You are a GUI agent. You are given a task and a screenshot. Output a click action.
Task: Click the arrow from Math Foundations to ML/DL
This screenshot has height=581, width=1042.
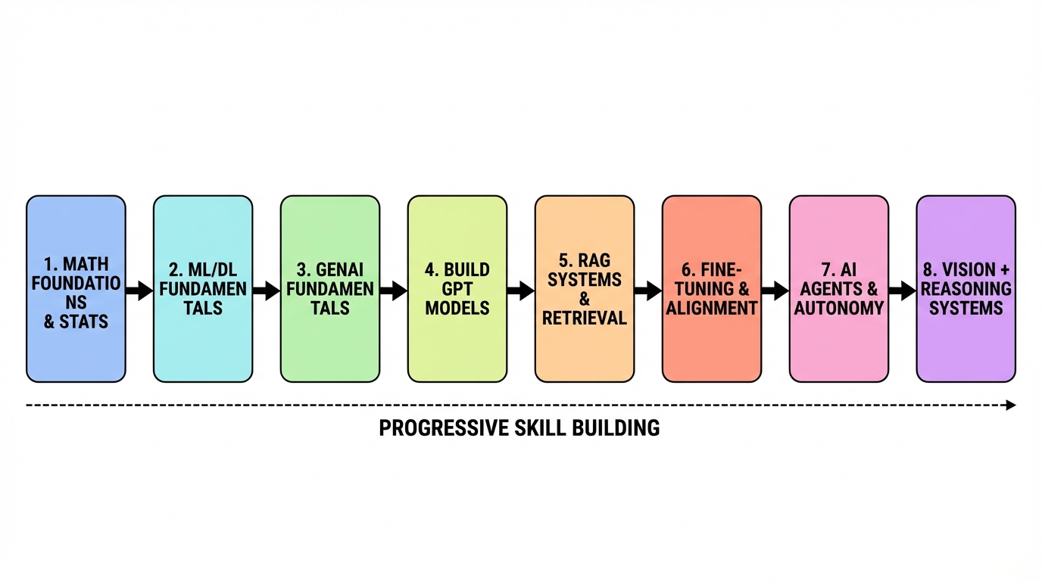click(139, 290)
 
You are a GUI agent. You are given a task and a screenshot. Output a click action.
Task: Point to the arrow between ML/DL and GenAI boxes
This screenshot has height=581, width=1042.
click(267, 290)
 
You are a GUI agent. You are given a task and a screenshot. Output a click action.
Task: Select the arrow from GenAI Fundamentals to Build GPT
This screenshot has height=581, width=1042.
click(394, 290)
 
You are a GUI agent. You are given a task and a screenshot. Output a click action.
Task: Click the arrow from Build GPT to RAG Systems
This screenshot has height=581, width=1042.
click(521, 290)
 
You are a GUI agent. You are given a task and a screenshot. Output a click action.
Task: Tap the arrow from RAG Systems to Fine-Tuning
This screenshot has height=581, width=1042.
click(648, 290)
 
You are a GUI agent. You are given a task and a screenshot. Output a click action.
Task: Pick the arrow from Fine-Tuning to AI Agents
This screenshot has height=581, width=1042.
click(775, 290)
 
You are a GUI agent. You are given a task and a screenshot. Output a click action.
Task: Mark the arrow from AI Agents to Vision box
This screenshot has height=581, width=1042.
click(903, 290)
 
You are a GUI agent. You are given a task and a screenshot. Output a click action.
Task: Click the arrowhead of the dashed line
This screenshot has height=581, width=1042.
click(1010, 405)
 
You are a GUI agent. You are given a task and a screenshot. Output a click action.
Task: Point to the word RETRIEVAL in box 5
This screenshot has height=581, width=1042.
click(585, 318)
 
